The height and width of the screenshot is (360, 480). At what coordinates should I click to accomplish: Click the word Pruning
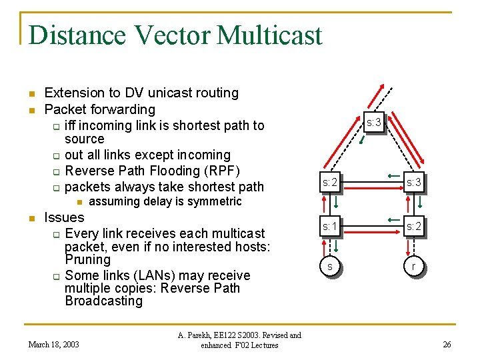(x=87, y=259)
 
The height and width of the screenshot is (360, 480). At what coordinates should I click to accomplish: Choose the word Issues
(x=63, y=217)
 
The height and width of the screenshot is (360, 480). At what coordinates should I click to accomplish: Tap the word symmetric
(x=215, y=201)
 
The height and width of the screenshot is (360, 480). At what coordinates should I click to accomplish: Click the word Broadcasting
(x=103, y=301)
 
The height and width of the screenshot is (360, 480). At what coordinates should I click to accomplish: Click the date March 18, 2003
(x=53, y=344)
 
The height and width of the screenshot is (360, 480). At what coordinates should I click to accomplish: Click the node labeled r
(x=414, y=266)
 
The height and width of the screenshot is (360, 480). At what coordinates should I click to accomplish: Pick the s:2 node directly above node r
(x=414, y=227)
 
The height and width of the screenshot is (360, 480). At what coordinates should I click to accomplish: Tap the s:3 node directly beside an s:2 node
(x=414, y=181)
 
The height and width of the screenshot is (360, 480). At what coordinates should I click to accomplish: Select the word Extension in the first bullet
(x=74, y=93)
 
